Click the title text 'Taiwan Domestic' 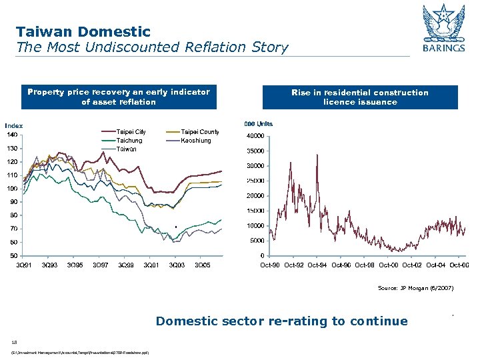pos(83,31)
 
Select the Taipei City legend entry pos(131,132)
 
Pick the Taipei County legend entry pos(200,132)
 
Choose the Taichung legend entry pos(129,141)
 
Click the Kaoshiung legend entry pos(196,141)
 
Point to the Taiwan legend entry pos(127,149)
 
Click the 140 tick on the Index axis pos(13,135)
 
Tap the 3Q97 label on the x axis pos(100,265)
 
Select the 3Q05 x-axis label pos(202,265)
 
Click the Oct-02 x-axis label pos(414,265)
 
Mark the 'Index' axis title pos(14,125)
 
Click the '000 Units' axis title pos(259,124)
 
